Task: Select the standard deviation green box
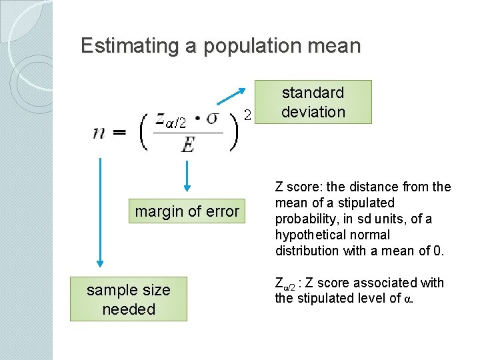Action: (313, 102)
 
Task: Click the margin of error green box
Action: (187, 212)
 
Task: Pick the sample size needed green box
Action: (128, 299)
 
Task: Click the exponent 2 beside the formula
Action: (247, 115)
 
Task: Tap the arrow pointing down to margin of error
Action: (187, 175)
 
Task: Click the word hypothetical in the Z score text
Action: (307, 235)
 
